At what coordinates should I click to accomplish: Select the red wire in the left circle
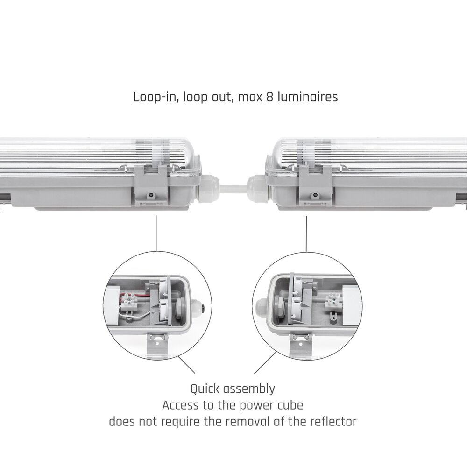(140, 294)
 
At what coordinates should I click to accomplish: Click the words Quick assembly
(233, 389)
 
